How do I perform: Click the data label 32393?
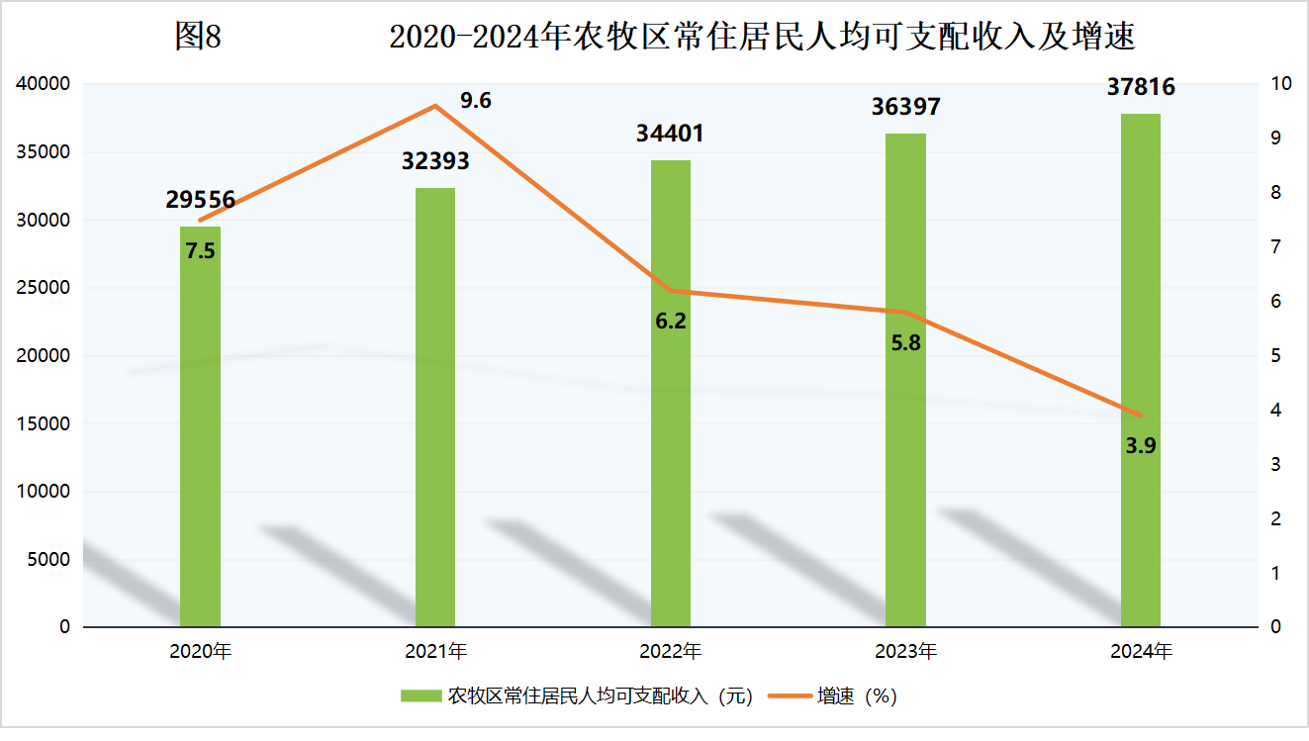[435, 161]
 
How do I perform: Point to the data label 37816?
[1141, 87]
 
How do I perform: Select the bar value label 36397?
[905, 107]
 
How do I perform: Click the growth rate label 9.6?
[476, 100]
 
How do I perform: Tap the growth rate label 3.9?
[1141, 445]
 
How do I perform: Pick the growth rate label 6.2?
[671, 321]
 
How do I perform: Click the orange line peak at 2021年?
[435, 106]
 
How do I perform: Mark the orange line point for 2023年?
[905, 313]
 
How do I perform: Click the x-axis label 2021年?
[435, 652]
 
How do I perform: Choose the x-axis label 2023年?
[905, 652]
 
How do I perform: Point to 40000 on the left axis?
[45, 84]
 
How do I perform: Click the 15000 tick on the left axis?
[45, 423]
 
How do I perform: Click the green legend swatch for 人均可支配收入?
[420, 696]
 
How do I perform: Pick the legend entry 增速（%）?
[857, 696]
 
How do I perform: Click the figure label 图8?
[198, 37]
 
